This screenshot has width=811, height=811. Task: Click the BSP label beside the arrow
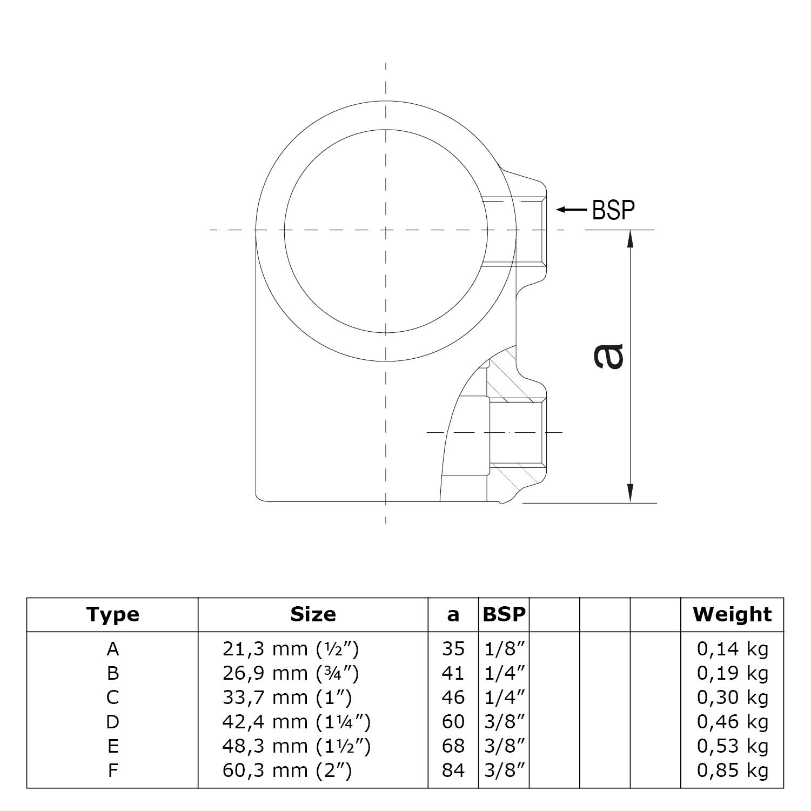click(x=613, y=210)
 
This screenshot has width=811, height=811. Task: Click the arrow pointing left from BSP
click(x=571, y=210)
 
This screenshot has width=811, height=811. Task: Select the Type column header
click(x=112, y=614)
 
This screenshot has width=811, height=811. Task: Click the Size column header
click(x=313, y=614)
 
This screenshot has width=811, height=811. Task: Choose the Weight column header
click(x=732, y=614)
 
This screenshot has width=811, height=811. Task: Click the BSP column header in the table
click(x=504, y=614)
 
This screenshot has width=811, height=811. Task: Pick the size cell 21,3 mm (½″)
click(x=291, y=648)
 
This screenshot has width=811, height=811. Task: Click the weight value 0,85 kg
click(x=733, y=770)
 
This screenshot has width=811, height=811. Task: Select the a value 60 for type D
click(x=453, y=722)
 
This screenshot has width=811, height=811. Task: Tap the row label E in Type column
click(x=112, y=746)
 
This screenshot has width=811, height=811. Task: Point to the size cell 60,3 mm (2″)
click(x=287, y=770)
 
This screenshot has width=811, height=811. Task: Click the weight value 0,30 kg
click(x=733, y=698)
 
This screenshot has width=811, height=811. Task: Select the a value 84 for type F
click(x=453, y=770)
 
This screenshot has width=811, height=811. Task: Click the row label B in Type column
click(x=112, y=673)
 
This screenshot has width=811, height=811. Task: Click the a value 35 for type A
click(x=453, y=648)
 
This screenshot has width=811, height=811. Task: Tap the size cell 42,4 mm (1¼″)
click(x=297, y=722)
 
